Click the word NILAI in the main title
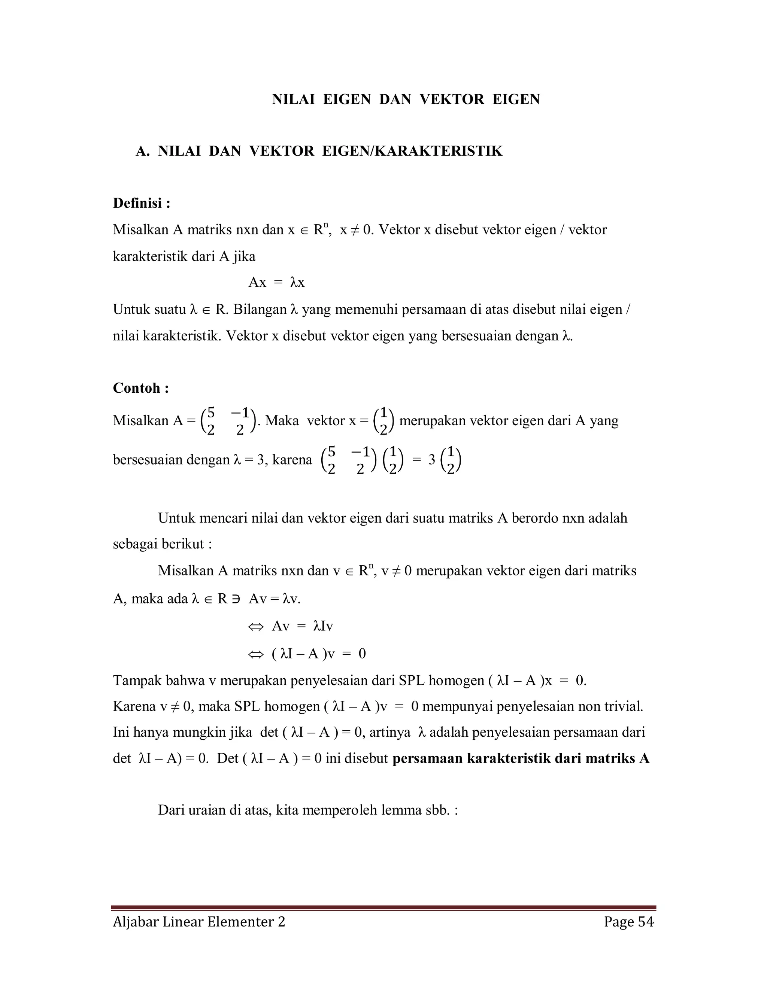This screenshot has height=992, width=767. pos(293,100)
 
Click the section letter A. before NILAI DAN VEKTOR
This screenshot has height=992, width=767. pos(143,151)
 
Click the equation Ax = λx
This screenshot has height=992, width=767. pos(276,283)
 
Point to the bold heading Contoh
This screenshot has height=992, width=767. pos(140,388)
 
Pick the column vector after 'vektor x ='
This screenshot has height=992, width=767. pos(383,421)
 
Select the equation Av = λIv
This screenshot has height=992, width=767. pos(302,626)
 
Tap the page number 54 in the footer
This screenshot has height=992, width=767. pos(646,922)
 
